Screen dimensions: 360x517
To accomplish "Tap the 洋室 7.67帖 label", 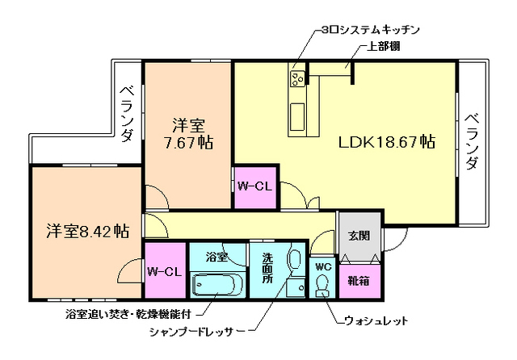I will (187, 135).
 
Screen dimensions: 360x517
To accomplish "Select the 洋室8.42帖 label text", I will (86, 232).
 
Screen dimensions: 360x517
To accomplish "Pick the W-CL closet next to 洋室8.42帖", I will (165, 271).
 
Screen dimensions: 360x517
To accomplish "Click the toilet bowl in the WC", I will (323, 287).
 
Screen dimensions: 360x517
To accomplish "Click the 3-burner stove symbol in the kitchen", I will (297, 78).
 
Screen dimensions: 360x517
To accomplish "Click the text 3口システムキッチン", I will (370, 29).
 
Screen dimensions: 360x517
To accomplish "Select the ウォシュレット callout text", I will (376, 321).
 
